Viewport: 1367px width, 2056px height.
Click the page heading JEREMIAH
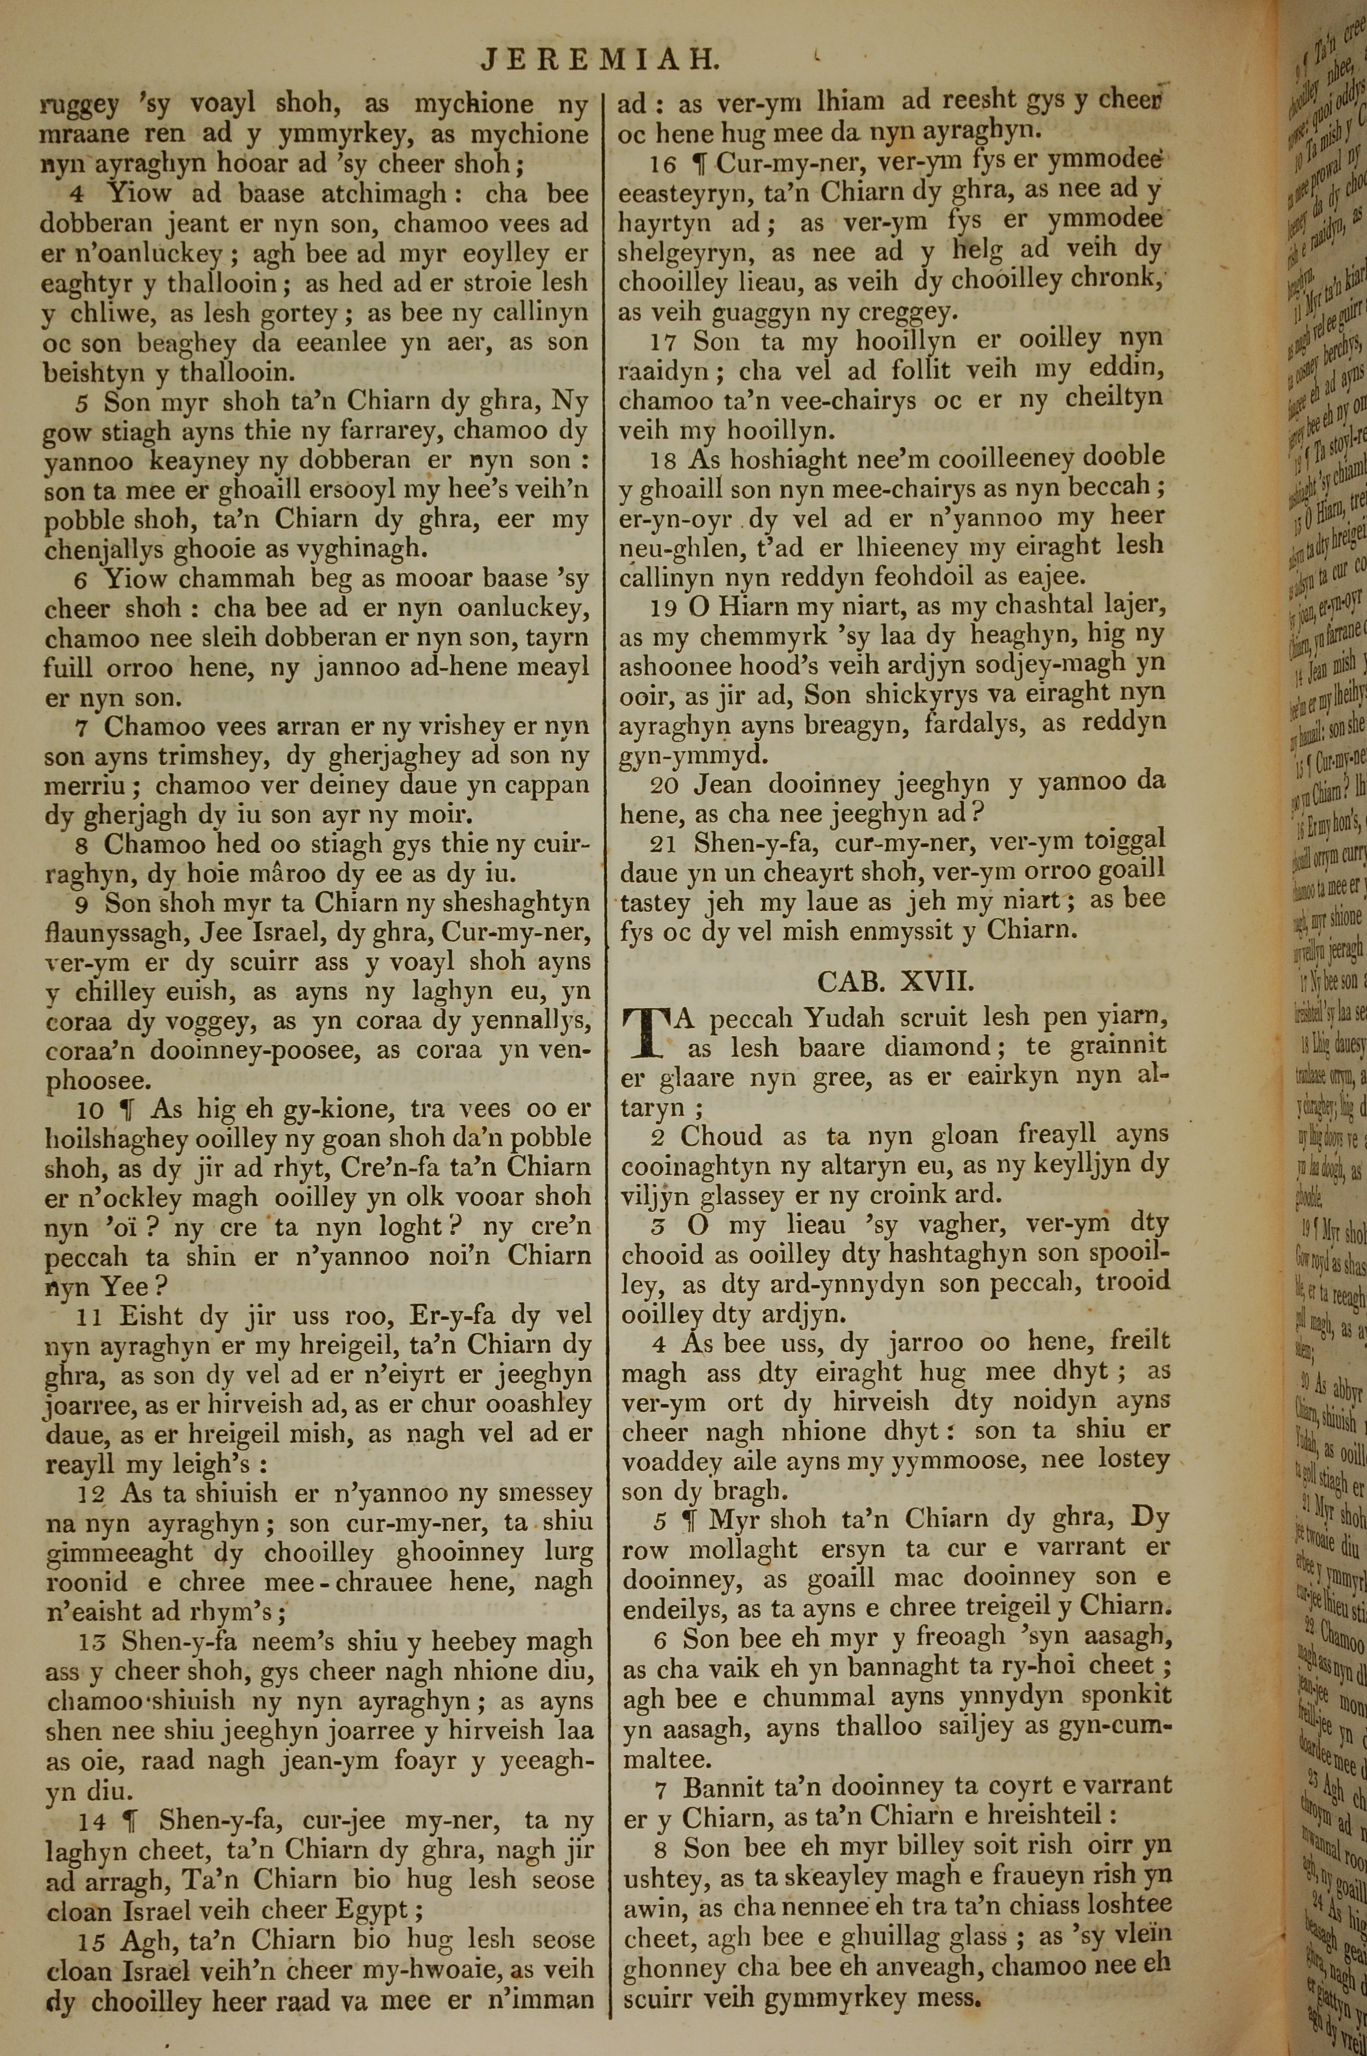(x=601, y=58)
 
